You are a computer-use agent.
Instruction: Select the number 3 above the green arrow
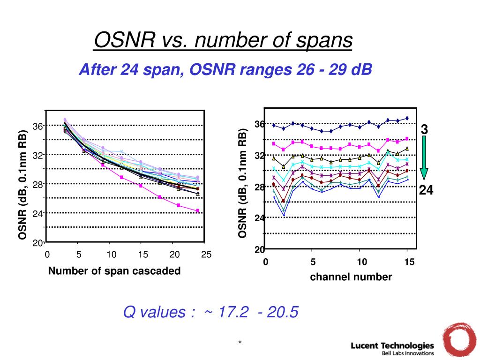(424, 129)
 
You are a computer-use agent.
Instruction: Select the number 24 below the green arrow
(426, 190)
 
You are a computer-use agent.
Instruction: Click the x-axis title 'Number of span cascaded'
(114, 271)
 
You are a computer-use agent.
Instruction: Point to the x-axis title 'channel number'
(351, 277)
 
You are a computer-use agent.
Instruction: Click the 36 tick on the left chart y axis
(37, 126)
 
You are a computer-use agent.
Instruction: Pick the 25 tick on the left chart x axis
(206, 255)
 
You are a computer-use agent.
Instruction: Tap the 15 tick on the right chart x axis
(410, 262)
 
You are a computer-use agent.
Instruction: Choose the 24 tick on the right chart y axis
(259, 218)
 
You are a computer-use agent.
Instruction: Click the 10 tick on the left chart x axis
(111, 255)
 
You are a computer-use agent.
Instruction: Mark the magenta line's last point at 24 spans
(198, 211)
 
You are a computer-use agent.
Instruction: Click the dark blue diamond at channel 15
(407, 118)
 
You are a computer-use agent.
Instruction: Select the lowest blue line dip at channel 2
(284, 215)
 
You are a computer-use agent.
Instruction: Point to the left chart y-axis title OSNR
(22, 185)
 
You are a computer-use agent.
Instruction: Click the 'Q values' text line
(210, 312)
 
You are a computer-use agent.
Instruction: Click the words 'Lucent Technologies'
(392, 345)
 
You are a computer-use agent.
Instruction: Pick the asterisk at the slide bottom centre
(240, 343)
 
